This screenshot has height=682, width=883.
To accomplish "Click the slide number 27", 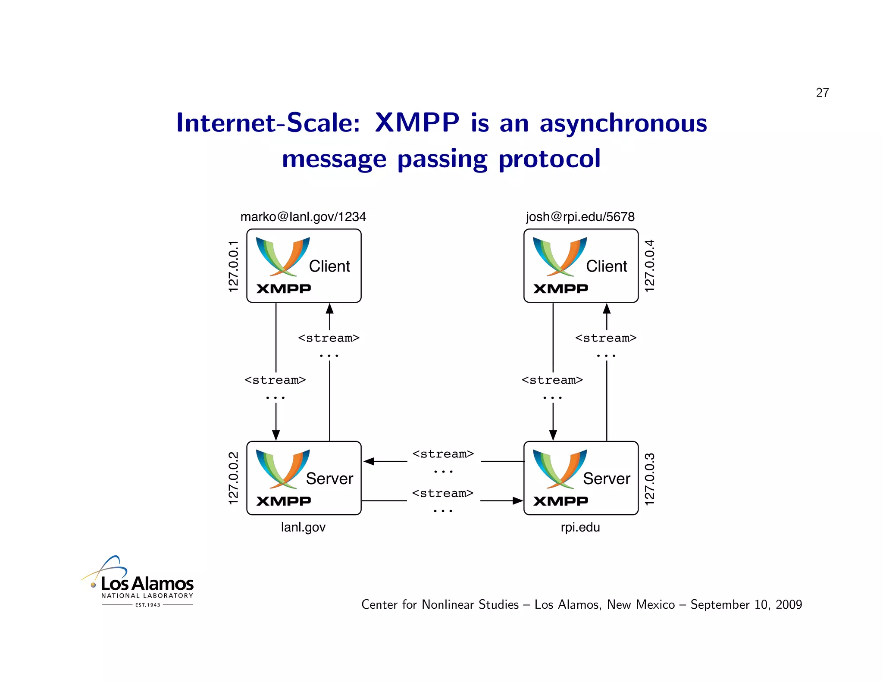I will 822,93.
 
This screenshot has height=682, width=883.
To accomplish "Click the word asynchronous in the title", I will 623,123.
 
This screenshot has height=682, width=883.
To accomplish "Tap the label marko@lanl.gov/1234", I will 303,216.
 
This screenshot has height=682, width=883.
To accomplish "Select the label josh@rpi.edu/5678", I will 580,216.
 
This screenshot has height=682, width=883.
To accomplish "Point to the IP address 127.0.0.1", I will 233,266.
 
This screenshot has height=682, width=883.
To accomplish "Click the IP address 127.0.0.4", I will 649,266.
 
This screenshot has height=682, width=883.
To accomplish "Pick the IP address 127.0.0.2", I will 233,478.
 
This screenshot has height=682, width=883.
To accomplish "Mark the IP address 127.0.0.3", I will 649,479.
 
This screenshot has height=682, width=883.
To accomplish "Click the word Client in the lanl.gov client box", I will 329,266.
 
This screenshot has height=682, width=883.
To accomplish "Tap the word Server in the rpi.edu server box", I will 606,479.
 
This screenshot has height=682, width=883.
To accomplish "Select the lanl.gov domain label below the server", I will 303,527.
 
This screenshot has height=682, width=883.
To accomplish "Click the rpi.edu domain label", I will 580,527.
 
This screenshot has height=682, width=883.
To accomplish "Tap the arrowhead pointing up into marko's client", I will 329,309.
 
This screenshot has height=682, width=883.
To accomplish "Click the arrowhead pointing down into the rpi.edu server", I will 553,435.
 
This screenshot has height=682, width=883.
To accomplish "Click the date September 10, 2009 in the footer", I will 746,604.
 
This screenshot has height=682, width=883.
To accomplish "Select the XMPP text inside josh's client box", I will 560,288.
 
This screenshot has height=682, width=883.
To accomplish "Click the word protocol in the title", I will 549,159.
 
